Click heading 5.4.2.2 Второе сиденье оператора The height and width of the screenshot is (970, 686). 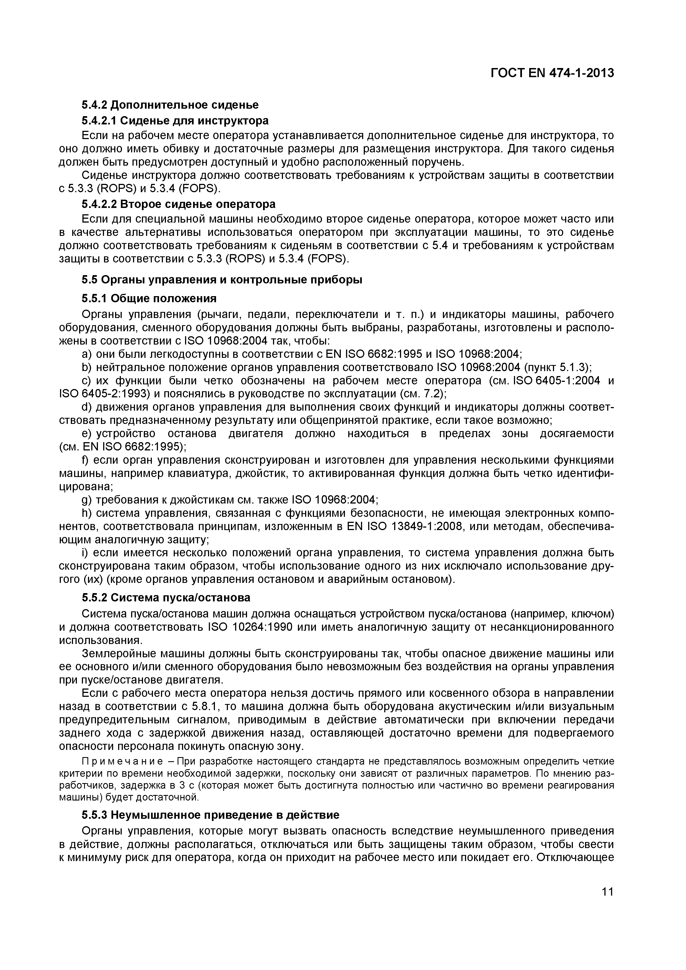[178, 204]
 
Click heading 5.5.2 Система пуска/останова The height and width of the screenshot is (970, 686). [166, 598]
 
